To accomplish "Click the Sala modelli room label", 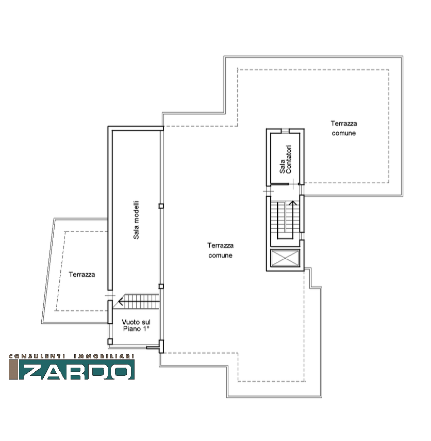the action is point(136,220).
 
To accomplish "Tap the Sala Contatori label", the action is point(286,159).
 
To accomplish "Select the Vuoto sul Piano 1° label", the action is point(136,325).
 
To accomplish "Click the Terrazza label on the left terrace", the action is point(81,275).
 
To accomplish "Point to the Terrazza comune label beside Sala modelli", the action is point(221,250).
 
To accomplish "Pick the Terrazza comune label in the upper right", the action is point(344,128).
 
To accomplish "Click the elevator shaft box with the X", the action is point(285,258).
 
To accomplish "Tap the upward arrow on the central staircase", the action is point(293,216).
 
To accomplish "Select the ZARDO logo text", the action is point(76,369).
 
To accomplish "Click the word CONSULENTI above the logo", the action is point(37,356).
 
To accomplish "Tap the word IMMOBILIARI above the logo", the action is point(104,356).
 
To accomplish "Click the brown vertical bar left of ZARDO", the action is point(13,369).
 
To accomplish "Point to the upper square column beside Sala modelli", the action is point(161,206).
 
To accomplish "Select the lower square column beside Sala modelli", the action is point(161,286).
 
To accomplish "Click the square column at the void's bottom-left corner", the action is point(110,341).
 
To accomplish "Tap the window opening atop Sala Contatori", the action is point(285,131).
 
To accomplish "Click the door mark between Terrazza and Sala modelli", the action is point(110,295).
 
